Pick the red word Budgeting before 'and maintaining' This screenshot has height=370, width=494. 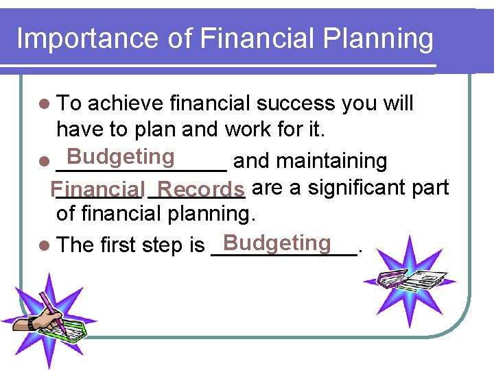(121, 157)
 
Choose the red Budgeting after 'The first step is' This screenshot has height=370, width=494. (277, 243)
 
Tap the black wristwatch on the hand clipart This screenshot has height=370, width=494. (32, 323)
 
